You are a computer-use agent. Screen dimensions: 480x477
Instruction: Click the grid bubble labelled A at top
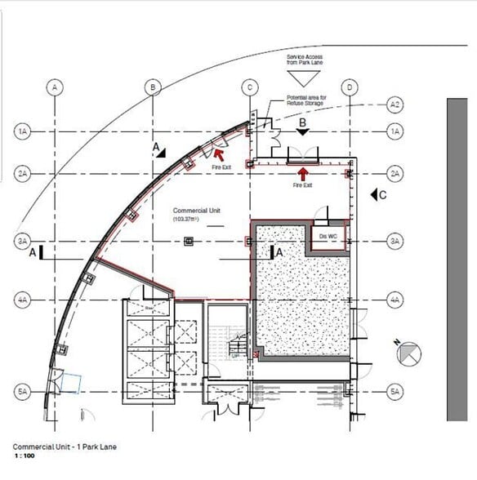click(x=54, y=87)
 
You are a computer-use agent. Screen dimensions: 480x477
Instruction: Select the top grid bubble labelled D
click(x=349, y=87)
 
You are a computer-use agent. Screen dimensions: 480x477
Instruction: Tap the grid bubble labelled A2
click(x=395, y=105)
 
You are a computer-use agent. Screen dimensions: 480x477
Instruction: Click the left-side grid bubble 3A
click(x=22, y=242)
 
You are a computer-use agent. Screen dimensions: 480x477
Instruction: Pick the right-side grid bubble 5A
click(x=395, y=392)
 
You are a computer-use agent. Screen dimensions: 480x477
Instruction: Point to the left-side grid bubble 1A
click(x=22, y=131)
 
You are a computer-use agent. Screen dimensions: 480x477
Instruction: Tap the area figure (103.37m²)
click(x=188, y=220)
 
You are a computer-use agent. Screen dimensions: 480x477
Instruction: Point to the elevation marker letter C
click(x=382, y=195)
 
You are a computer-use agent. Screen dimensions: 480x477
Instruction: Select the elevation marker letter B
click(x=303, y=122)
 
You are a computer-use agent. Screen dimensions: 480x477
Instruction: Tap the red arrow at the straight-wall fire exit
click(x=303, y=173)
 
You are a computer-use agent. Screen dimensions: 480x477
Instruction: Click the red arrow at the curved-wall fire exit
click(x=220, y=151)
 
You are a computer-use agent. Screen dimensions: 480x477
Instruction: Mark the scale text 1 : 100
click(x=24, y=457)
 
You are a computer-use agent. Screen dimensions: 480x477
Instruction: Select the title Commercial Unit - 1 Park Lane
click(x=59, y=447)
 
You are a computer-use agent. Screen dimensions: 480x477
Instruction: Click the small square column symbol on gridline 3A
click(x=189, y=241)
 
